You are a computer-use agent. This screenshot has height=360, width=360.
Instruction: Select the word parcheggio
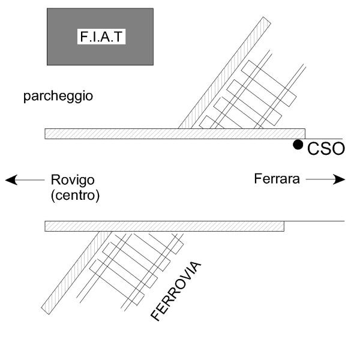tap(58, 96)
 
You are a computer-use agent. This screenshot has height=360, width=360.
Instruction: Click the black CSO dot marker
tap(298, 145)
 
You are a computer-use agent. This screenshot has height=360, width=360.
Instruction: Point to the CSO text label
tap(326, 149)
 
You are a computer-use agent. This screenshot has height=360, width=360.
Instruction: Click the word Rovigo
tap(73, 179)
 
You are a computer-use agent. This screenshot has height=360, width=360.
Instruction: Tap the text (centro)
tap(75, 195)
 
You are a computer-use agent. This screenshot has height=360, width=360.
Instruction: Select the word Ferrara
tap(277, 179)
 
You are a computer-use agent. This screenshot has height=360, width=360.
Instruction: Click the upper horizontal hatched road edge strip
tap(120, 133)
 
